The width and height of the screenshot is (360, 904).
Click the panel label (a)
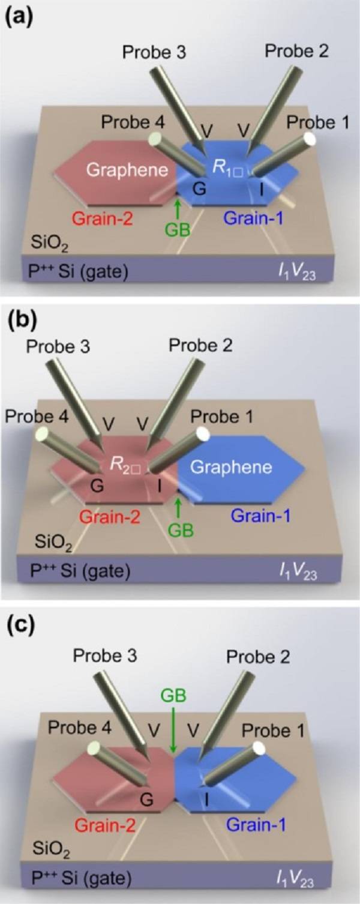click(20, 13)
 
